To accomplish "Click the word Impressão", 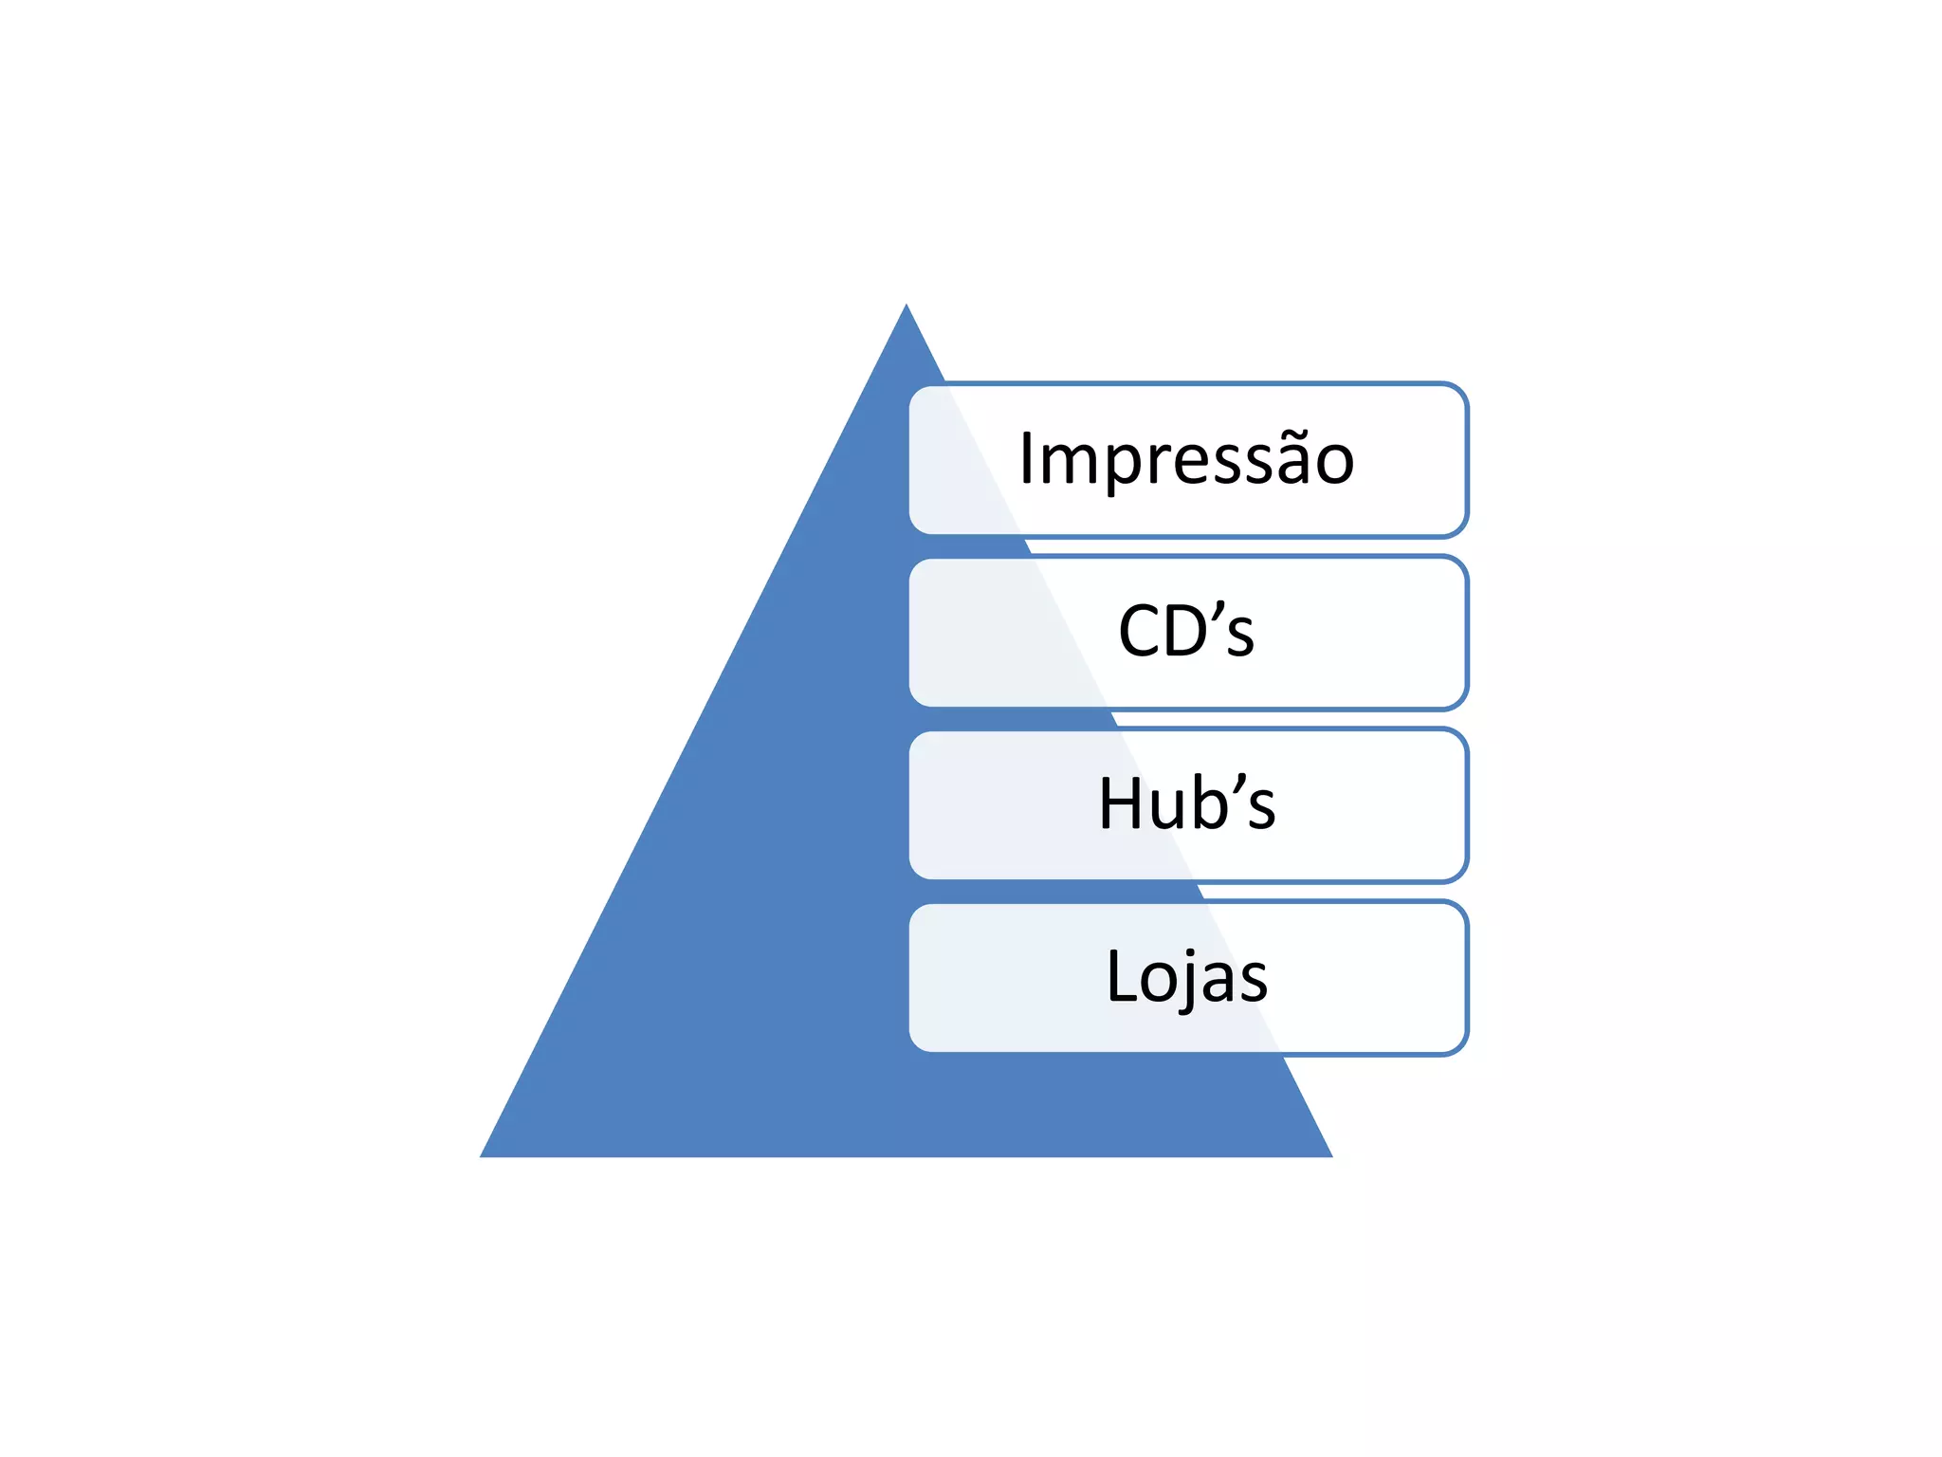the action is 1186,459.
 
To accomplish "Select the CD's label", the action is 1186,631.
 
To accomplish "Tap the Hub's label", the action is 1186,803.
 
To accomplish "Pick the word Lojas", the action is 1186,976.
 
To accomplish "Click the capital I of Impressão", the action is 1027,459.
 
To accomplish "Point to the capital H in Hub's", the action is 1119,803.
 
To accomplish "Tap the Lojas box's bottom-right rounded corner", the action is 1458,1044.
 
